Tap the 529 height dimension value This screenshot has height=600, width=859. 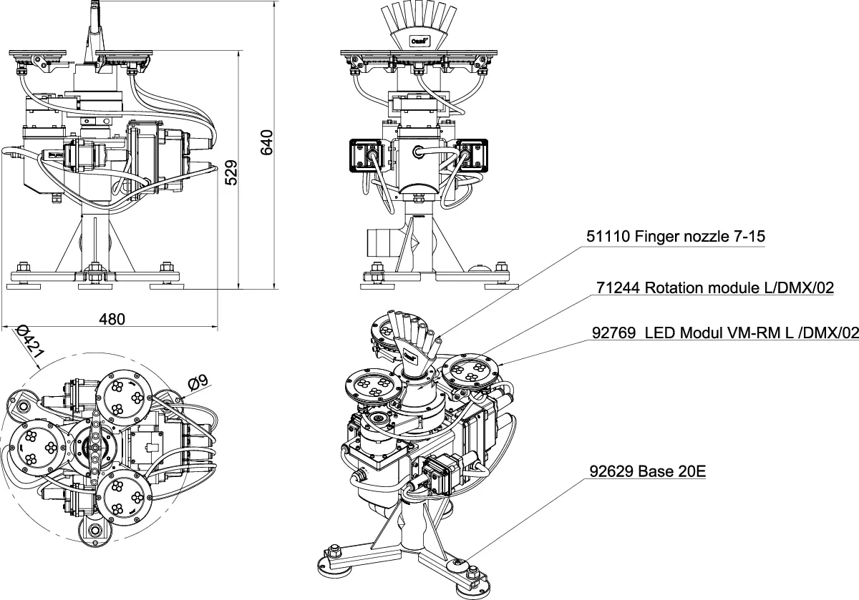231,173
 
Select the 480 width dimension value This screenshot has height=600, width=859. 112,319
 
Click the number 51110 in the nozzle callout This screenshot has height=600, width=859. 608,237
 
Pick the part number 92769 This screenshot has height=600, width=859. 615,333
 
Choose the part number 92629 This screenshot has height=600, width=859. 612,472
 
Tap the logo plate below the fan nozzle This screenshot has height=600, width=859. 419,41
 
